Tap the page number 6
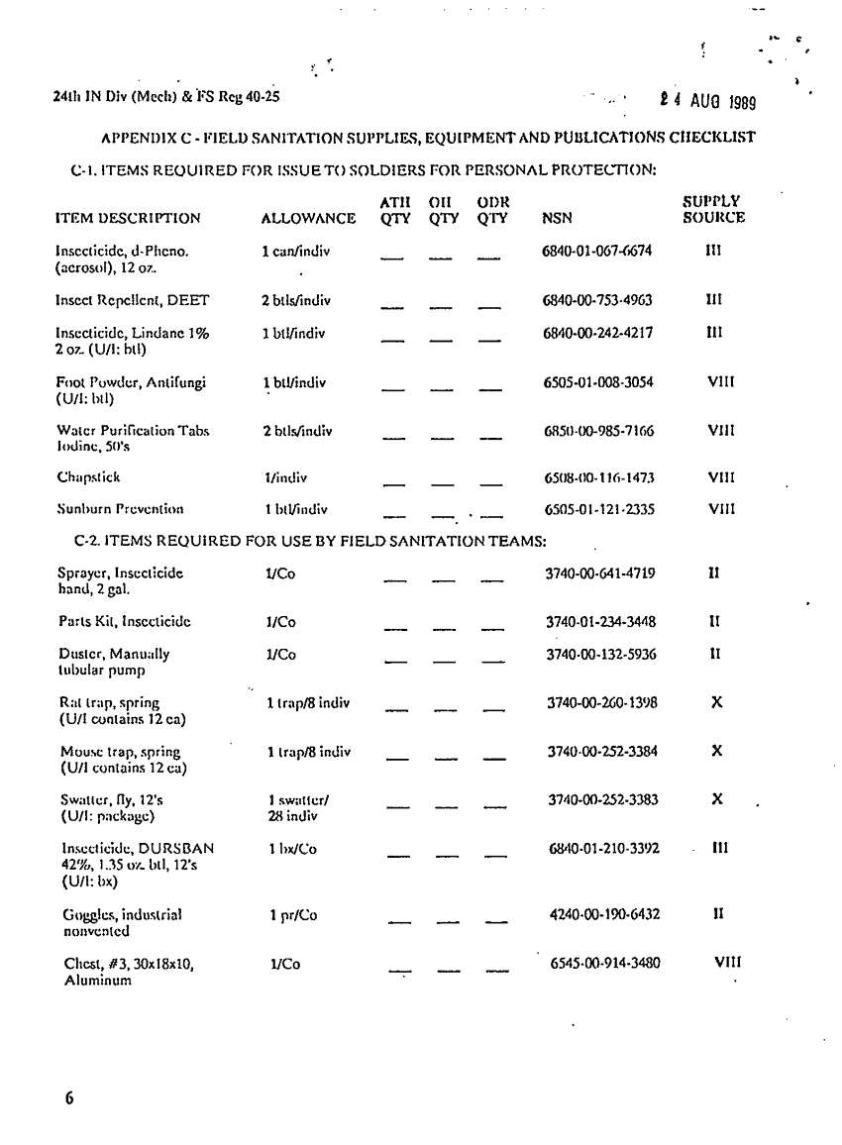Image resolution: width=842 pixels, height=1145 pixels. [70, 1097]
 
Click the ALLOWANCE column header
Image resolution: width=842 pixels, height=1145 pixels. [308, 218]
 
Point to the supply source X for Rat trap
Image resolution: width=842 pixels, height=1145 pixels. [716, 701]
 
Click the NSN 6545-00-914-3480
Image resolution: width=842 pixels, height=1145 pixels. [605, 962]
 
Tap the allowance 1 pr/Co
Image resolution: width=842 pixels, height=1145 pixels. [291, 914]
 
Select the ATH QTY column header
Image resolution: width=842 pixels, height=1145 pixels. [396, 210]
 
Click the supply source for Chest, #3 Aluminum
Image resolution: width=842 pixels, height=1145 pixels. [727, 961]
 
